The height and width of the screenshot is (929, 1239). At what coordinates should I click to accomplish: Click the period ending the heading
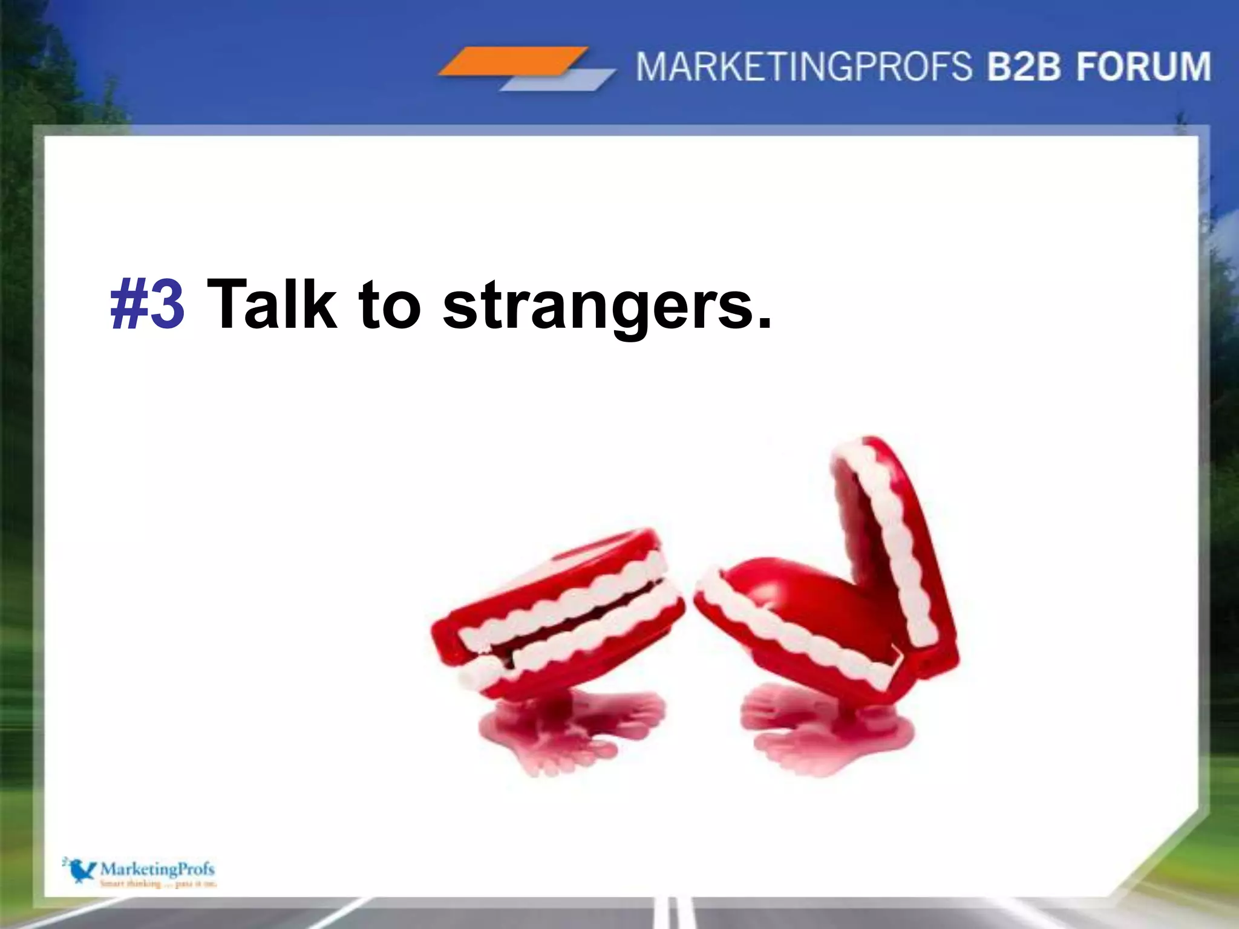click(764, 324)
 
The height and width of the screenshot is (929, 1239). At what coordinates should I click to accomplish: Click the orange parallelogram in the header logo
click(513, 61)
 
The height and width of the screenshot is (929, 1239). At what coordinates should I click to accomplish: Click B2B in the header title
click(1024, 67)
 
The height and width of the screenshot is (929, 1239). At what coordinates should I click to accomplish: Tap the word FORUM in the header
click(1143, 67)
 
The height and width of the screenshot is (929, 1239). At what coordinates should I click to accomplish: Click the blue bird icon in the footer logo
click(80, 870)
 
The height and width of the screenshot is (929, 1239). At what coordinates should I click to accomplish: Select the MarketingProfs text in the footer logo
click(157, 869)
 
